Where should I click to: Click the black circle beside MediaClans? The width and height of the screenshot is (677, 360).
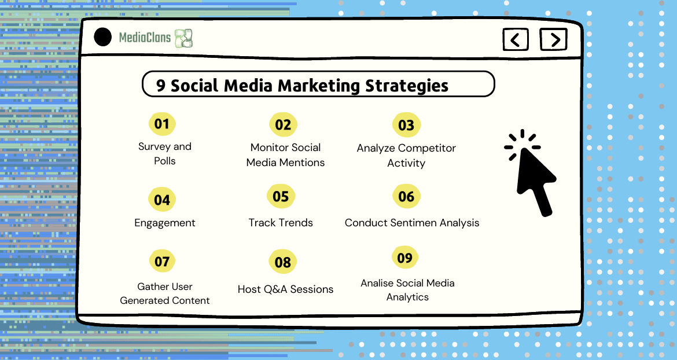[103, 37]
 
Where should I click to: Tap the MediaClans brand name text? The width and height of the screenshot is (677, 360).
[145, 38]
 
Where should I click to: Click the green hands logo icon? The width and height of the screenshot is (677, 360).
[183, 38]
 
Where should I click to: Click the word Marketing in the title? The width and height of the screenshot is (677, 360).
[319, 86]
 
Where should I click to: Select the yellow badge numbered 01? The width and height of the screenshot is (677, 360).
[162, 124]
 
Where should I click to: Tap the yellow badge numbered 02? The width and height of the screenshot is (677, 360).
[283, 125]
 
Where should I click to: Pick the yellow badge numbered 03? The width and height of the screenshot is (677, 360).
[406, 126]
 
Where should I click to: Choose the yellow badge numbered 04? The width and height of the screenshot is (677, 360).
[162, 200]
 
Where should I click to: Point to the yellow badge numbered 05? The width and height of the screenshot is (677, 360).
[281, 197]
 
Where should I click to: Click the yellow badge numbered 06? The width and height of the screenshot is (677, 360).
[406, 197]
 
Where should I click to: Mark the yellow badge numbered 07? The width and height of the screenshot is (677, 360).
[162, 262]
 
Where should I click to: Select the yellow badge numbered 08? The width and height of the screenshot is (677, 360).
[283, 262]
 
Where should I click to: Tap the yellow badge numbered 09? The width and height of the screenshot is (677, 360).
[405, 258]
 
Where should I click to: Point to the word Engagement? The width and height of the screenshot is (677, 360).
[164, 223]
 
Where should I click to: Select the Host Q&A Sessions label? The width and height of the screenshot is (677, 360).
[285, 289]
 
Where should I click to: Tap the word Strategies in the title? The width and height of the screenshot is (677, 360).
[407, 86]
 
